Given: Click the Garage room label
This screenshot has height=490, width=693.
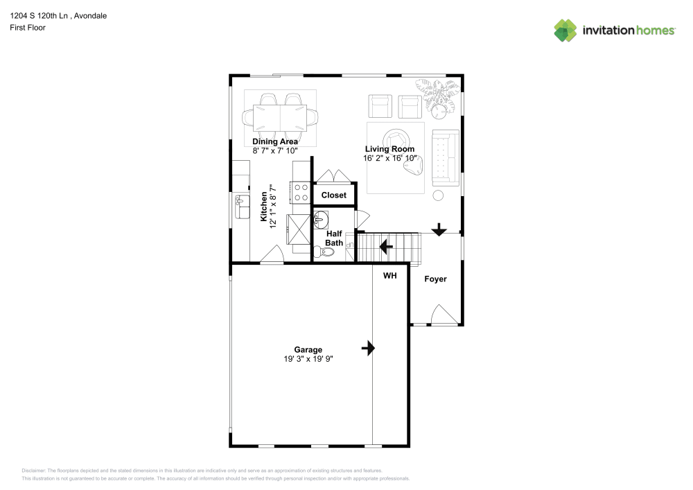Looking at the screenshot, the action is (x=308, y=349).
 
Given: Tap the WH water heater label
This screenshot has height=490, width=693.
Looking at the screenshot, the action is (x=389, y=276).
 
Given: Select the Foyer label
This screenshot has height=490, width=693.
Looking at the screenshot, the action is (x=435, y=279).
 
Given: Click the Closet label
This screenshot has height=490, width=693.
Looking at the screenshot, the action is (x=334, y=195).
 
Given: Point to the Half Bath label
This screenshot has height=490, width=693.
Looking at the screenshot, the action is (x=334, y=238).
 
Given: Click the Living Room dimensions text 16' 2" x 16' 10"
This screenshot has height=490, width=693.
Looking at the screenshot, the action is (x=390, y=158).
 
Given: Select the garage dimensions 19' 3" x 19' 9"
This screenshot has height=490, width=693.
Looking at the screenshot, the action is (x=308, y=359).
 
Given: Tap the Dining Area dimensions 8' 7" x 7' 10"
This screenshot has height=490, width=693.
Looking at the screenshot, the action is (x=275, y=150).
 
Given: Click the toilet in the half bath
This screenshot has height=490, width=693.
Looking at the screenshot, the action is (x=324, y=252).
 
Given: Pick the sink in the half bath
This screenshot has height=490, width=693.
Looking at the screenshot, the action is (x=321, y=220).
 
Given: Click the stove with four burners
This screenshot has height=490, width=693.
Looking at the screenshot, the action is (x=301, y=193).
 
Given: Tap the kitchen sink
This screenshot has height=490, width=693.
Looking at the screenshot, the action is (x=242, y=207).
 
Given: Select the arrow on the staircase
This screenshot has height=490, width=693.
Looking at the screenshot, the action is (x=386, y=247).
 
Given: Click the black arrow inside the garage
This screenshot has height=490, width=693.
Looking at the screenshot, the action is (x=368, y=348).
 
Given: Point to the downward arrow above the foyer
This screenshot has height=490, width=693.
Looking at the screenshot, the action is (x=439, y=229).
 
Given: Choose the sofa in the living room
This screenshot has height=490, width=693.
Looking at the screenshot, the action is (x=446, y=158).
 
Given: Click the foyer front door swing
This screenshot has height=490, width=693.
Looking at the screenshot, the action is (x=444, y=314).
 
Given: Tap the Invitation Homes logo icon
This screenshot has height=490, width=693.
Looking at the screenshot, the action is (x=565, y=30).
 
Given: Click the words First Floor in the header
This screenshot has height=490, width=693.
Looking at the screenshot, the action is (x=28, y=28).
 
